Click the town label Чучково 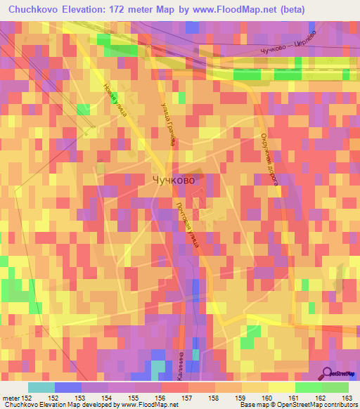pyautogui.click(x=174, y=180)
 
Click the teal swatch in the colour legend pyautogui.click(x=41, y=387)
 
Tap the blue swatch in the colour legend pyautogui.click(x=67, y=387)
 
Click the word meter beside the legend pyautogui.click(x=11, y=397)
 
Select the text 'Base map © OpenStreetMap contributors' pyautogui.click(x=298, y=405)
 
